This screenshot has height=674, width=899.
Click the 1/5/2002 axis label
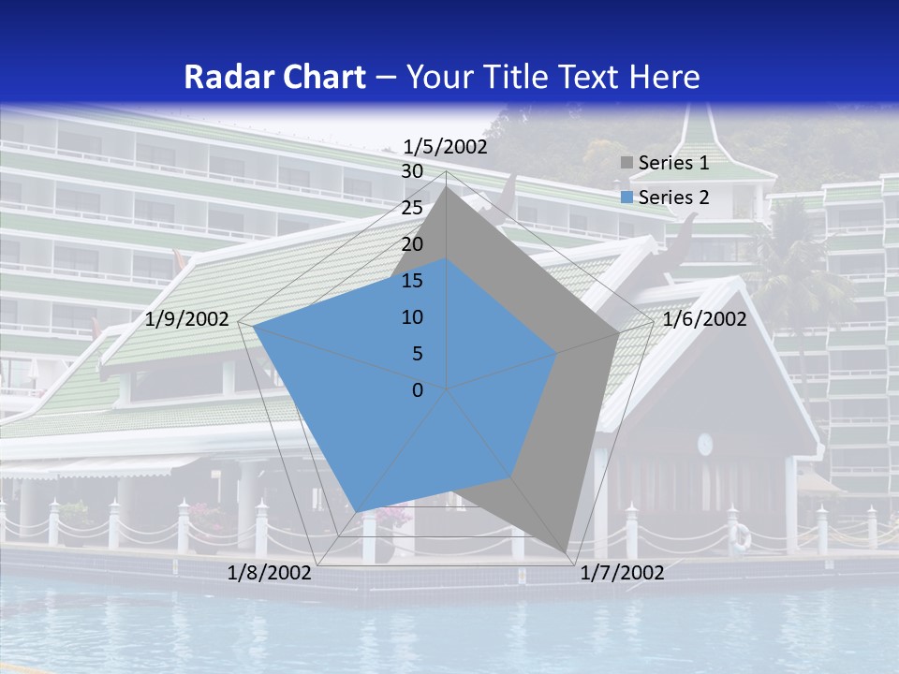coord(445,147)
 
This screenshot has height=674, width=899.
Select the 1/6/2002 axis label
coord(704,319)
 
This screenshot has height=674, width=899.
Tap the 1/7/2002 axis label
coord(622,573)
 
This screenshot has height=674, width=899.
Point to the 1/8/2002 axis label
coord(270,573)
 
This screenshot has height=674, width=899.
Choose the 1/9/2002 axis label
coord(187,319)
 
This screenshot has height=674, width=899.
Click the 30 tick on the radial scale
coord(412,171)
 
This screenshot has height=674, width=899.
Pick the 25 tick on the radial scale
coord(412,208)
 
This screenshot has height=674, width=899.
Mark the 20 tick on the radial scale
coord(412,244)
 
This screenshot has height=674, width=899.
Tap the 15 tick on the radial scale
coord(412,281)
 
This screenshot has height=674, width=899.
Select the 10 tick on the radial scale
coord(412,317)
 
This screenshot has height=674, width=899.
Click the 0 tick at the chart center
coord(418,390)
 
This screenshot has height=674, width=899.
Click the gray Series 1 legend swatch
coord(626,164)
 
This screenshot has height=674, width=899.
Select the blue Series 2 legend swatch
coord(626,198)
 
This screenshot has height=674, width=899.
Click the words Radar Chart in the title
coord(274,77)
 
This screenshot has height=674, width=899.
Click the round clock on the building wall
coord(705,444)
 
